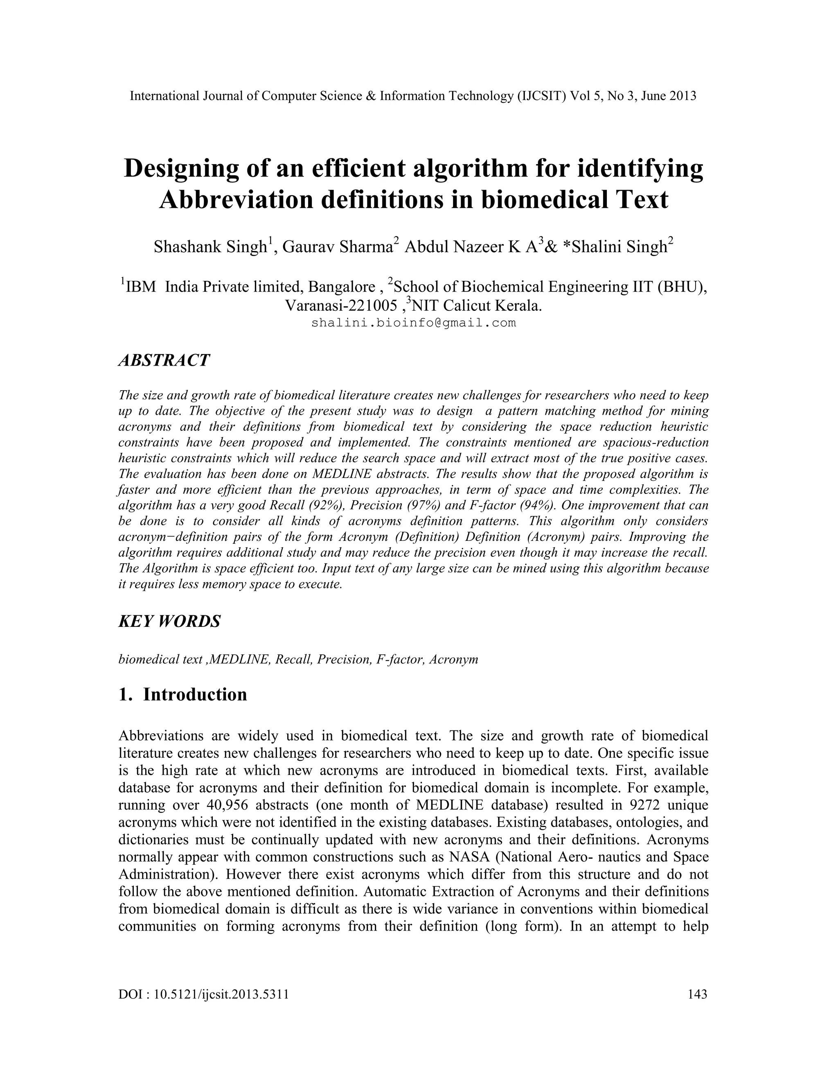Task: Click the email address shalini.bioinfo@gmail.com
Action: [414, 323]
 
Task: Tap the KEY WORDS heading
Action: [169, 622]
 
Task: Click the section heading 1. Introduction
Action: [182, 694]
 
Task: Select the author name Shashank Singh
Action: [210, 247]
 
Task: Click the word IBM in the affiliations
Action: [141, 287]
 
